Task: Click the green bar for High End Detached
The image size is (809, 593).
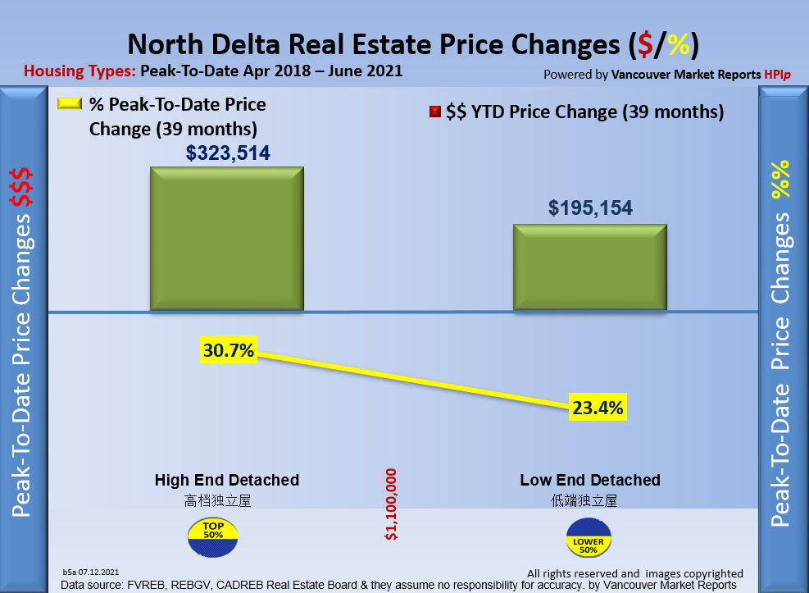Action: click(226, 239)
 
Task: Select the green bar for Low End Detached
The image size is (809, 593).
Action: click(590, 267)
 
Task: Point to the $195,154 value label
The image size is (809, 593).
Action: click(590, 208)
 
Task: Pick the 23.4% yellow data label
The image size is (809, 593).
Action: click(598, 406)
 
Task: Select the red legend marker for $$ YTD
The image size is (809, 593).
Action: click(435, 112)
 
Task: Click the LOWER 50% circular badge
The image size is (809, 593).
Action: click(589, 536)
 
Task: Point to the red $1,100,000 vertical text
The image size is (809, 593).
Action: click(391, 504)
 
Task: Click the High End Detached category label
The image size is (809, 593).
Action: click(227, 480)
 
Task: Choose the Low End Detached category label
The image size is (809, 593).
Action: click(590, 480)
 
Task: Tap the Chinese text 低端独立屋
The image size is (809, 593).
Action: click(584, 499)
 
